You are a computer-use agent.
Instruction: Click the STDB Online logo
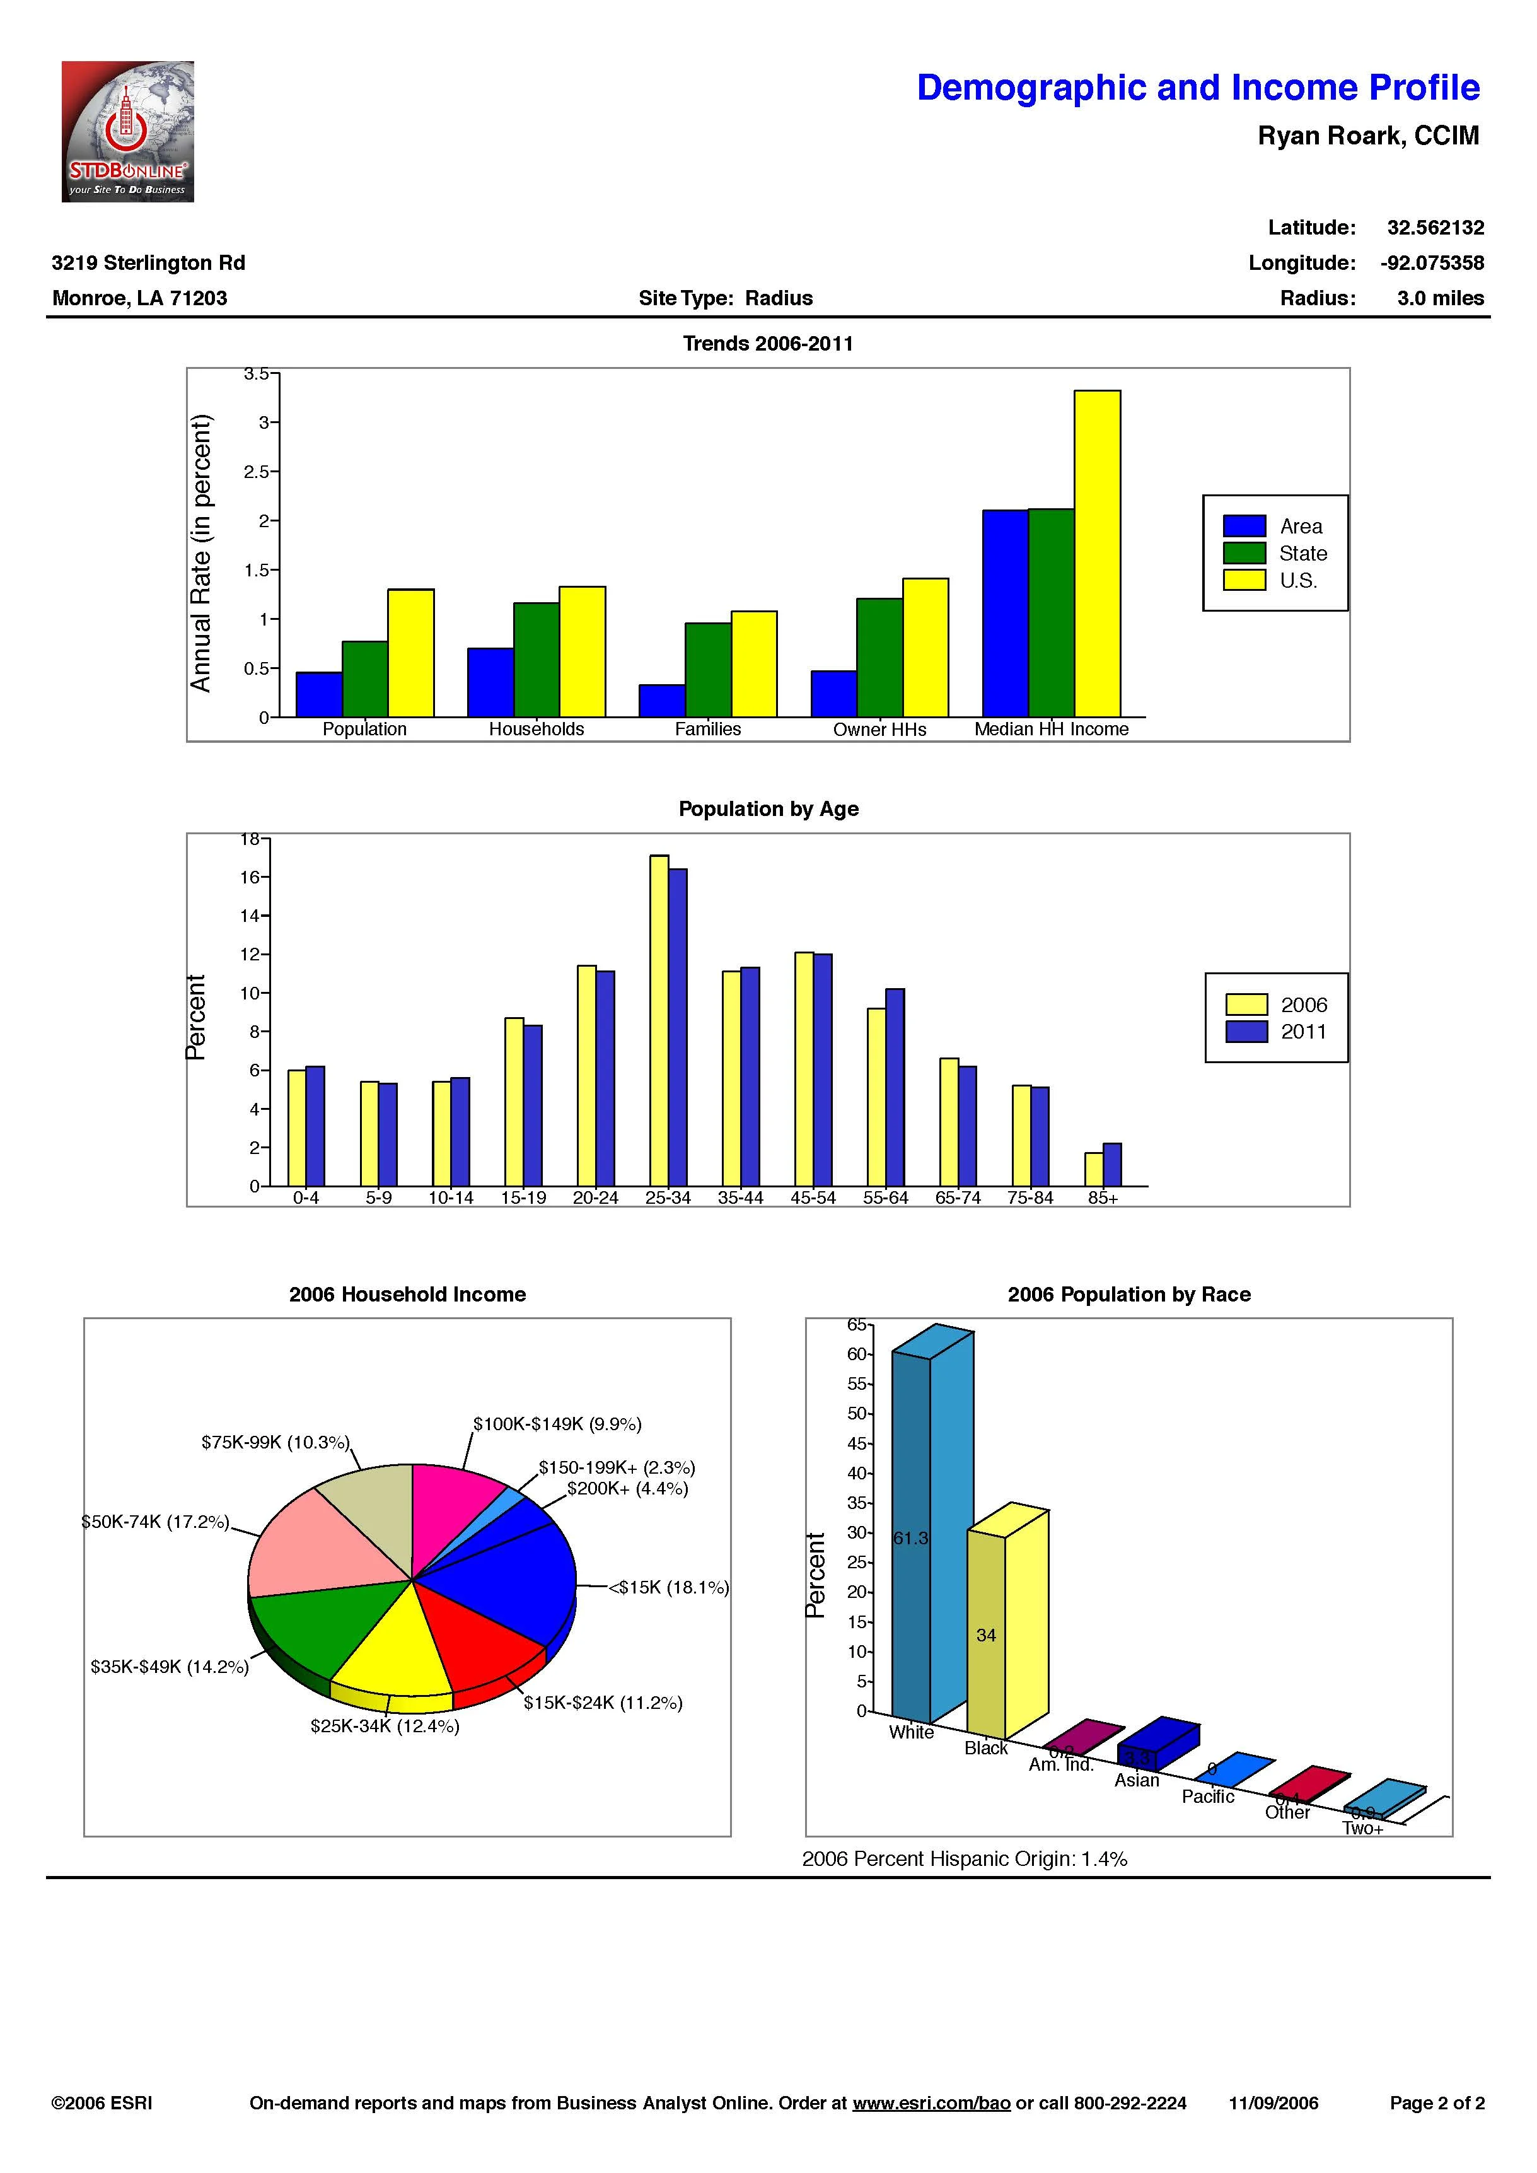pos(128,132)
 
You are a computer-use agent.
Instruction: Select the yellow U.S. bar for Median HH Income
pos(1097,553)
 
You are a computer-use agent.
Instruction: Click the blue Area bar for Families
pos(661,701)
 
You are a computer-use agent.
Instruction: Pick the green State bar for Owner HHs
pos(879,657)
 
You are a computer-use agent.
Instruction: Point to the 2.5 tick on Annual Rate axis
pos(257,471)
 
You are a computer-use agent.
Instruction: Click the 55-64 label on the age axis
pos(885,1198)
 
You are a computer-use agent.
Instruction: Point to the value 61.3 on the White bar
pos(910,1538)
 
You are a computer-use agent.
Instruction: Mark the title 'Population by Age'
pos(768,809)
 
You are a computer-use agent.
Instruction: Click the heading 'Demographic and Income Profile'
pos(1197,88)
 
